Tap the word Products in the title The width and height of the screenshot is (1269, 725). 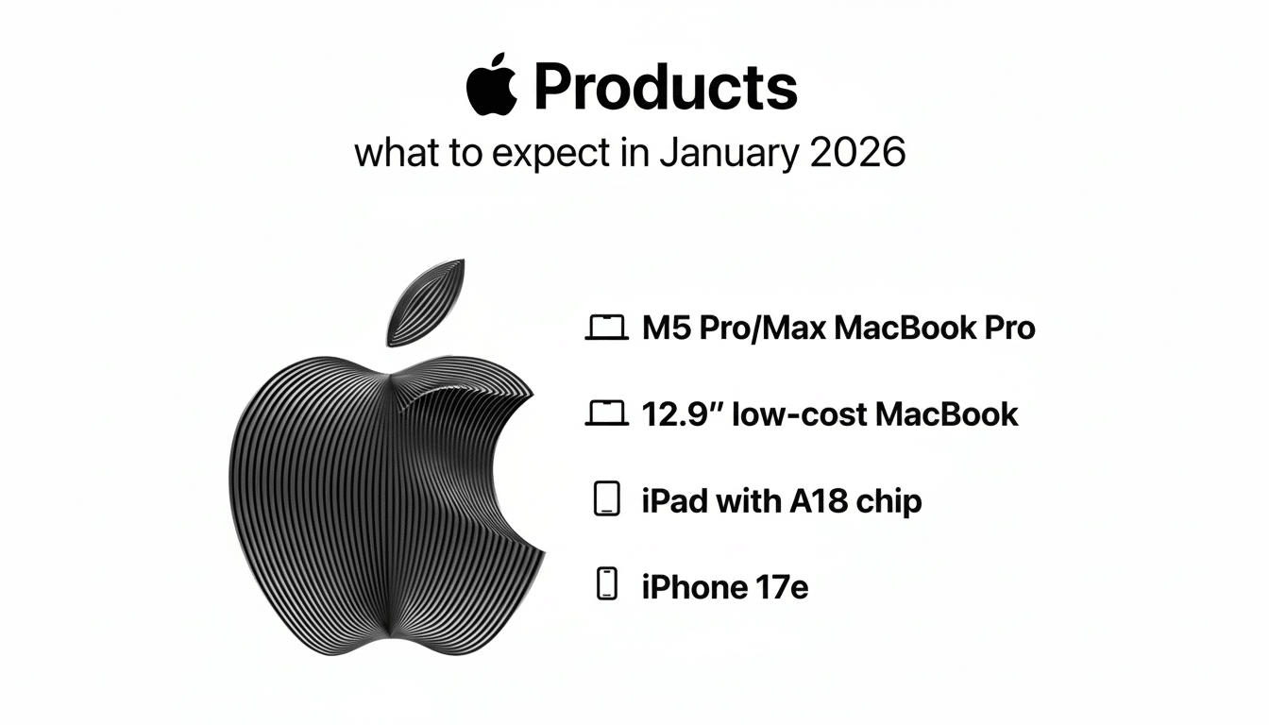click(666, 88)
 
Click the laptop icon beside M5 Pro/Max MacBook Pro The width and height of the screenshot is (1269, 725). click(607, 329)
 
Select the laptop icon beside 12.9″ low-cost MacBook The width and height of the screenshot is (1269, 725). click(607, 413)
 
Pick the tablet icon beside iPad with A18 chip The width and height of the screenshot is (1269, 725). click(607, 499)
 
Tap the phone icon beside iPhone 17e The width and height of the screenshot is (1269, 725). click(607, 584)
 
